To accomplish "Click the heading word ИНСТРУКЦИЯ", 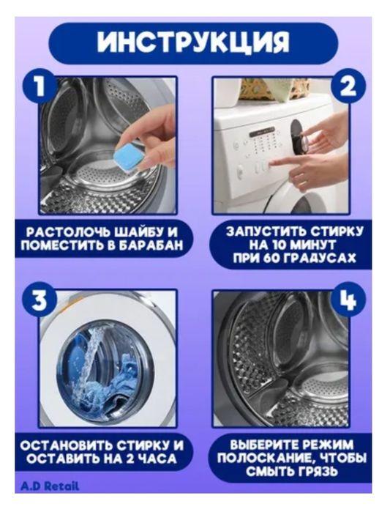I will (193, 42).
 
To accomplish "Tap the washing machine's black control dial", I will (298, 136).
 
